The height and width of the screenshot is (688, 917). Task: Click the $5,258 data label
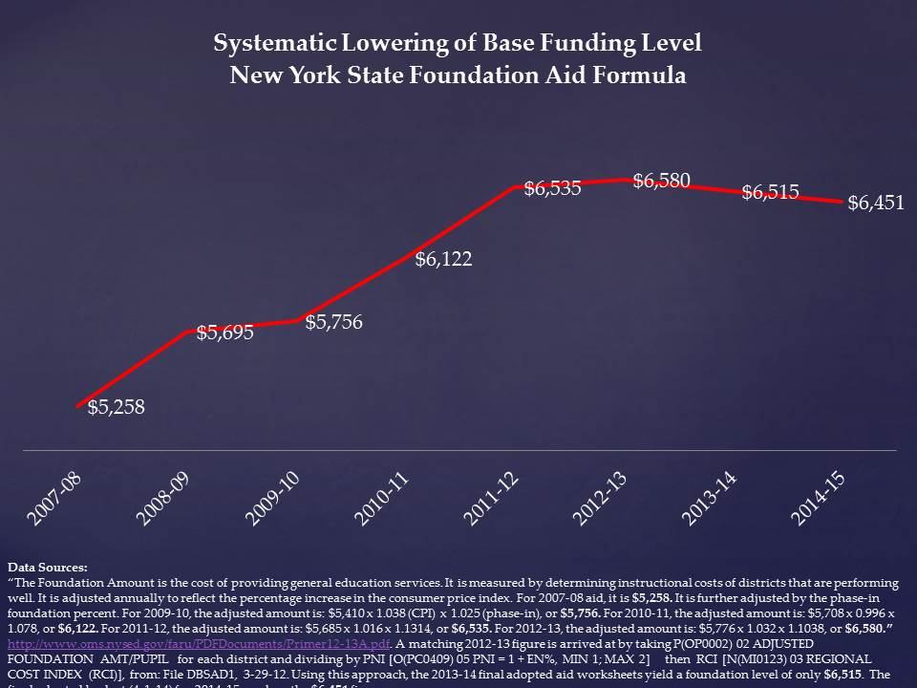(x=116, y=408)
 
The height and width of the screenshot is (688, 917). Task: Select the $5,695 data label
(x=225, y=333)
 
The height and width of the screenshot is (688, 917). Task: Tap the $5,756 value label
(x=333, y=322)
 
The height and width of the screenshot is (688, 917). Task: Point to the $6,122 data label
(x=443, y=259)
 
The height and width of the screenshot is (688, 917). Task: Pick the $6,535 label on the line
(x=552, y=188)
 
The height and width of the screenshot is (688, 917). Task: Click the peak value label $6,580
(x=661, y=180)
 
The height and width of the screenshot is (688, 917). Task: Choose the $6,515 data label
(x=771, y=192)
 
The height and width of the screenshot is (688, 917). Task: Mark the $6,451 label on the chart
(x=876, y=203)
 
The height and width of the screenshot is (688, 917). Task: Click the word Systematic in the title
(x=274, y=44)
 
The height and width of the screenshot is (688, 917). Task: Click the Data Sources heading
(x=47, y=568)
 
